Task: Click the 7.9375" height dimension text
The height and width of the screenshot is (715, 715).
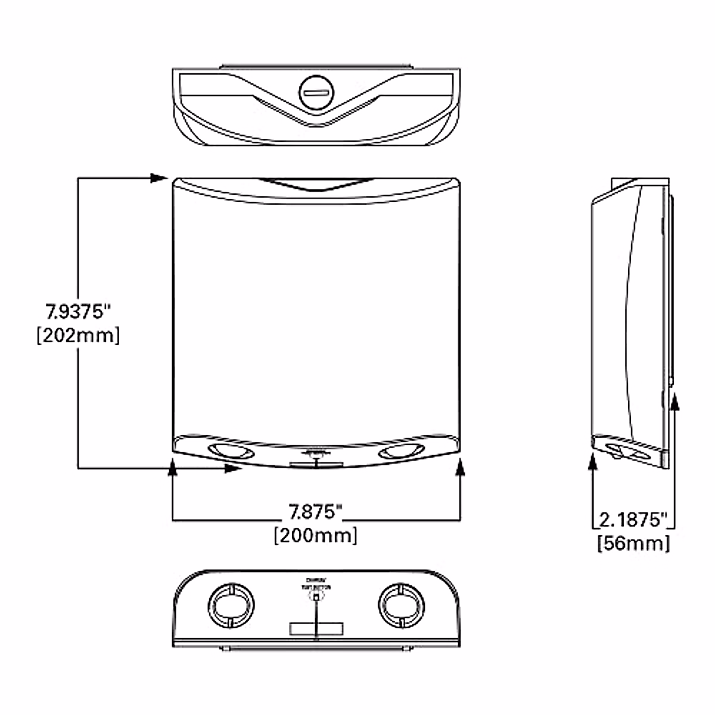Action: (79, 312)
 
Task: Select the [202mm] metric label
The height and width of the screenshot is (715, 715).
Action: (78, 335)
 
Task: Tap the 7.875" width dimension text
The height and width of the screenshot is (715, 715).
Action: (315, 512)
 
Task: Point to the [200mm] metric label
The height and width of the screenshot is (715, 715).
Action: (316, 535)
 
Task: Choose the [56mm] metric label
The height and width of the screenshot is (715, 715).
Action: (633, 543)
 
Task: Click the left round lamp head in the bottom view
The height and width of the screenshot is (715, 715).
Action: (230, 606)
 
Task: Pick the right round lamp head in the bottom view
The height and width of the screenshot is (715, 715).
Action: (402, 606)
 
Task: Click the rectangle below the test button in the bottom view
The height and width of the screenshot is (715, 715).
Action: (316, 629)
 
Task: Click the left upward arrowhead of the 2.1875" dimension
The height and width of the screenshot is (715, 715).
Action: (593, 462)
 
